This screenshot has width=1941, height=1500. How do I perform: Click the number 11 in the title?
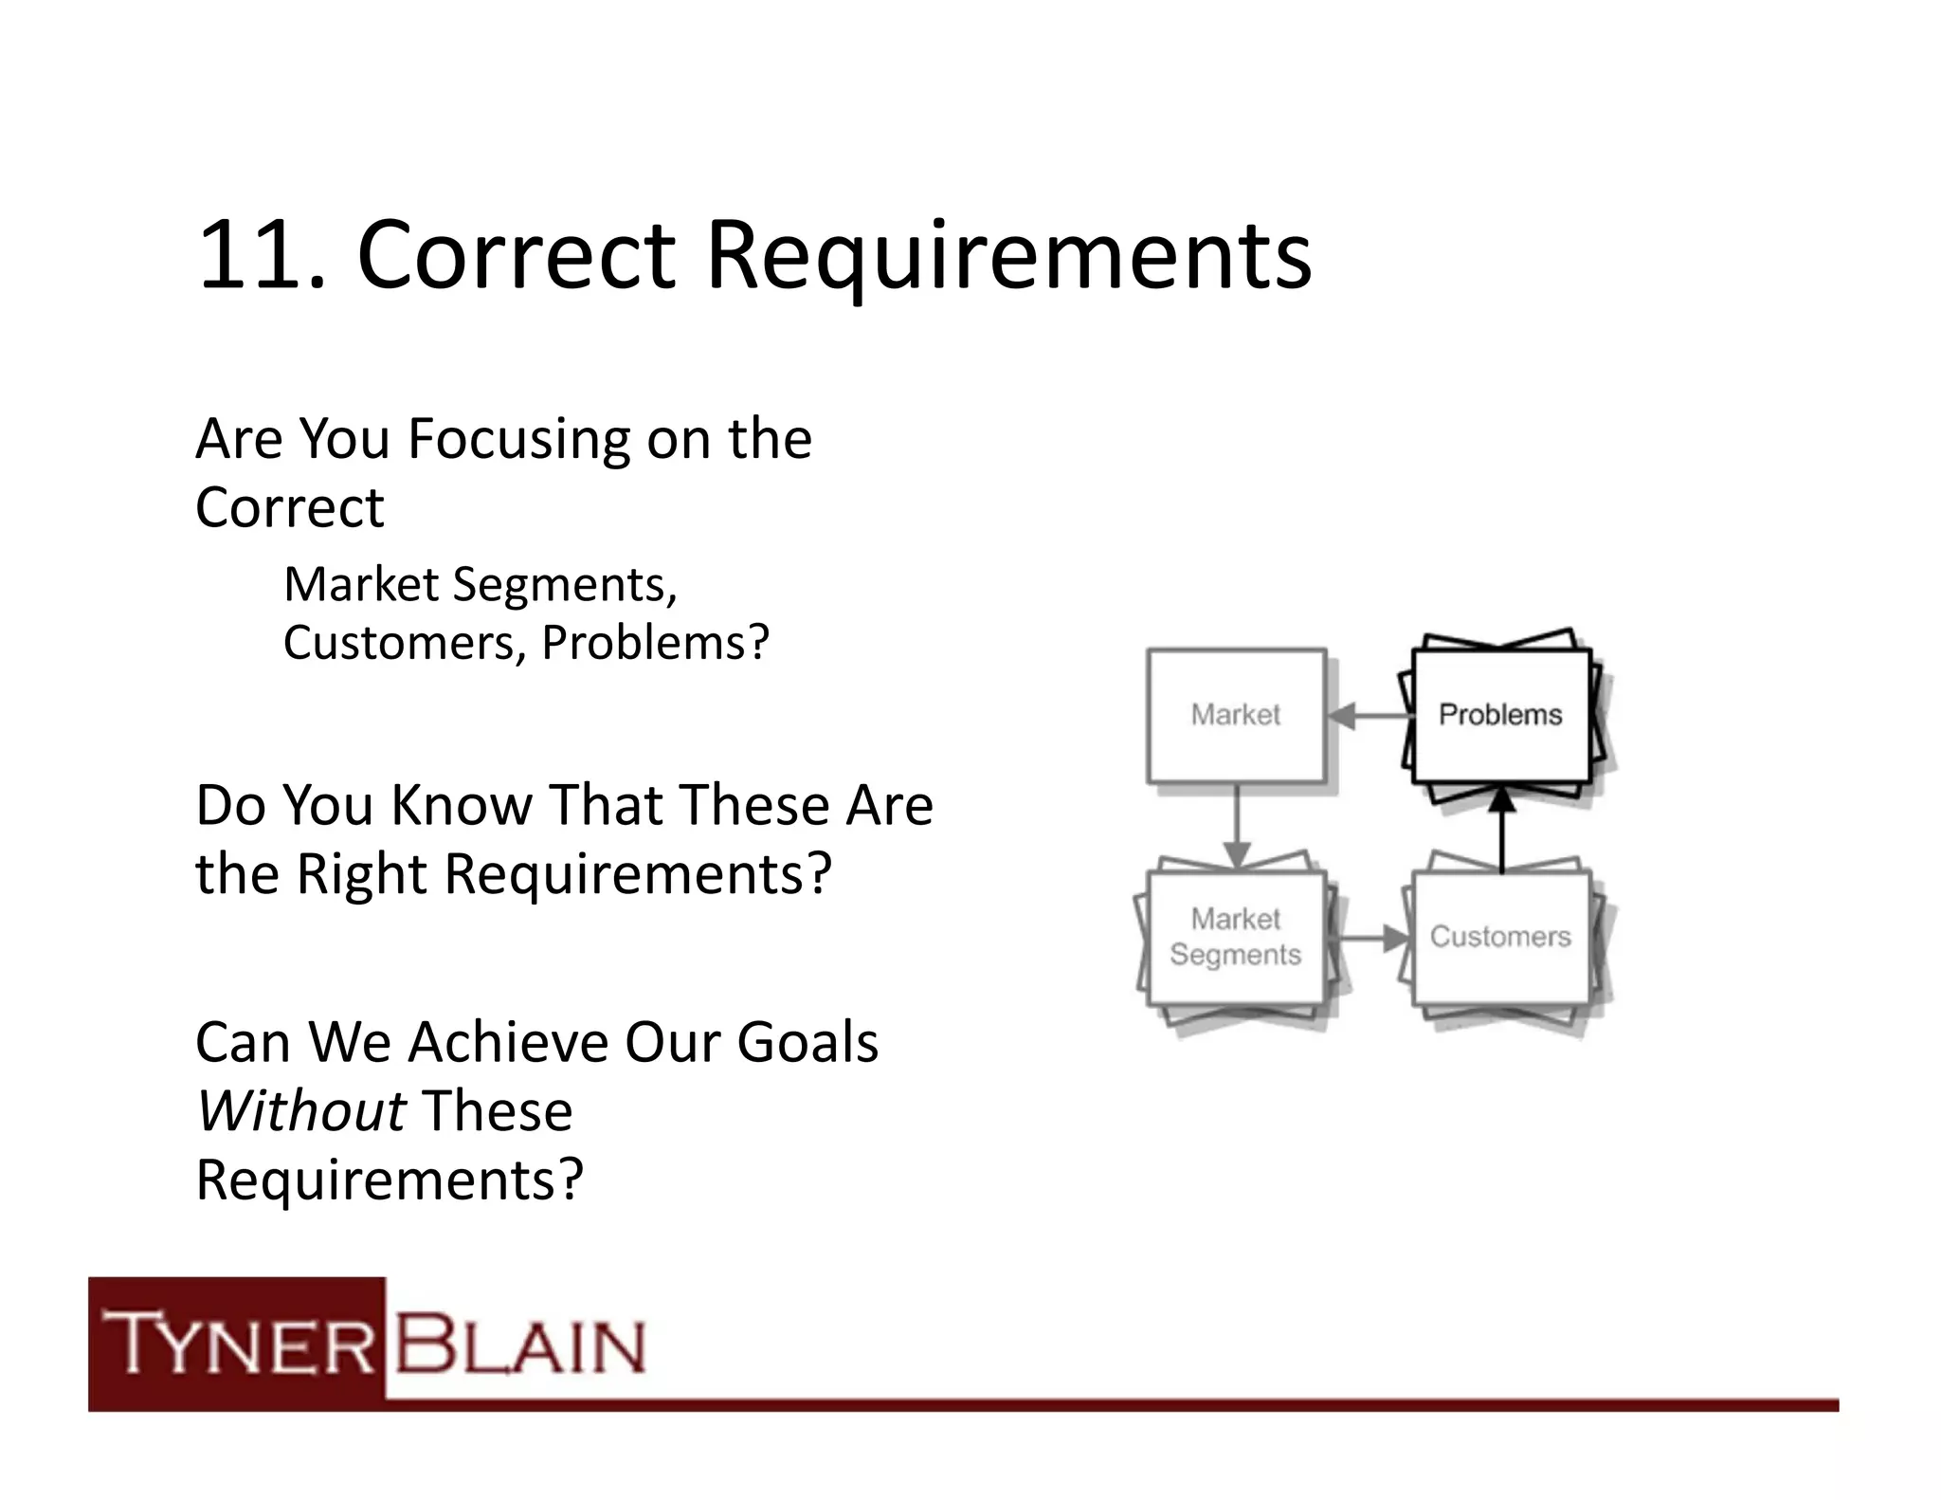(x=252, y=256)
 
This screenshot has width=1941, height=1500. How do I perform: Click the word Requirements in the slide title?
(x=1008, y=256)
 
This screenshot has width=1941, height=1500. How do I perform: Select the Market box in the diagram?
(x=1235, y=715)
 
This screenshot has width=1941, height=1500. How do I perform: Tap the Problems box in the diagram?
(x=1499, y=715)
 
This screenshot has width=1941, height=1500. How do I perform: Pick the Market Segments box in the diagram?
(x=1235, y=937)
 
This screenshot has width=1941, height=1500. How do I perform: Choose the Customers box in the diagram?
(x=1499, y=937)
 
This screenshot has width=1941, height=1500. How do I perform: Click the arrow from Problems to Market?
(x=1369, y=716)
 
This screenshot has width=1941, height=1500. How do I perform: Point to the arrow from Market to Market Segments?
(x=1236, y=825)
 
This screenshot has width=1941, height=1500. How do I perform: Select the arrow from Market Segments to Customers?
(x=1372, y=939)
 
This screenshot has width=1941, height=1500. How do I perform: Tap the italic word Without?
(x=301, y=1110)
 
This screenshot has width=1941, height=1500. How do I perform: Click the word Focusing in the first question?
(x=518, y=439)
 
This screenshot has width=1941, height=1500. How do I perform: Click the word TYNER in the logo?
(x=239, y=1344)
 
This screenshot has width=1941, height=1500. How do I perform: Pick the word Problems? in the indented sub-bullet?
(x=655, y=643)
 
